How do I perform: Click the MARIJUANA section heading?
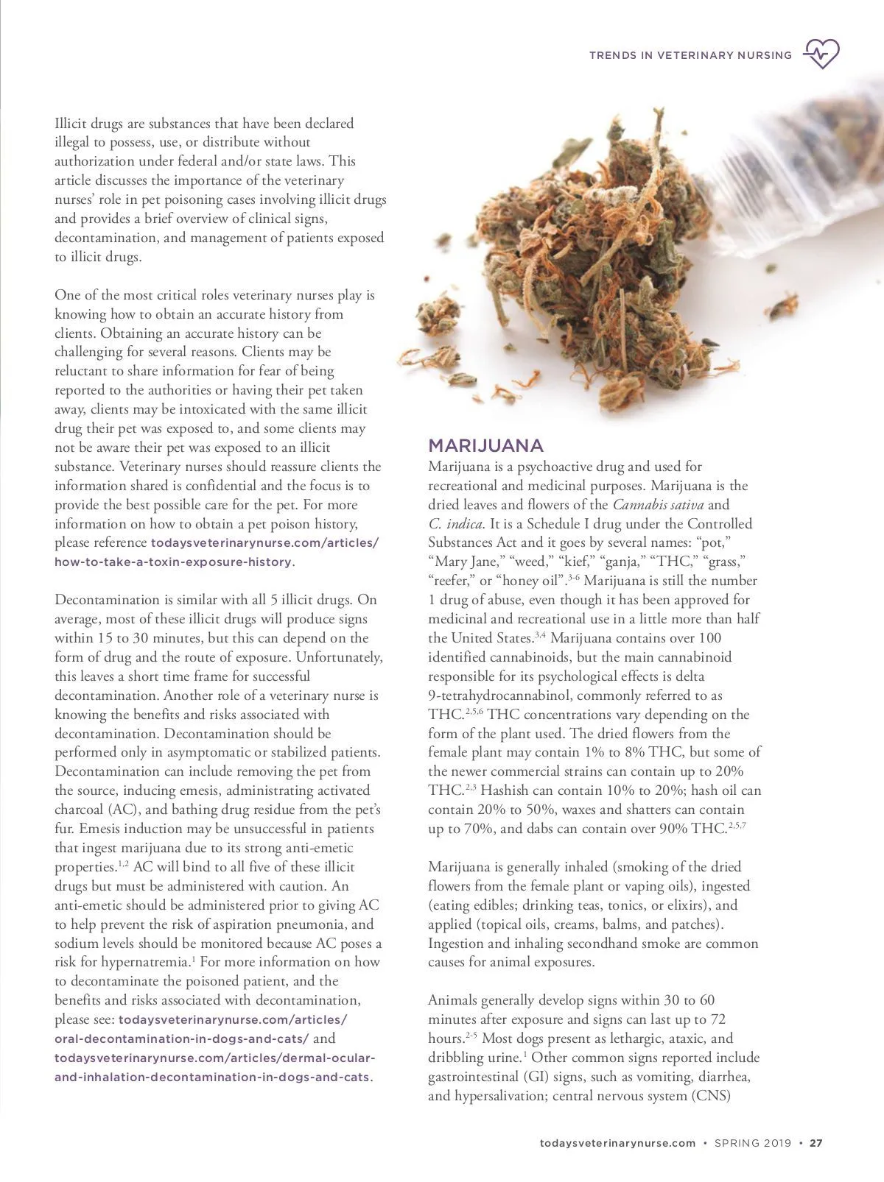point(485,446)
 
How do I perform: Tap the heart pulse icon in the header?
point(821,54)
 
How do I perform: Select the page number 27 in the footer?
point(815,1143)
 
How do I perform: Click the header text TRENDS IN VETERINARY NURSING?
point(690,55)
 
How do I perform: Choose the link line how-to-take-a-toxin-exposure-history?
point(173,562)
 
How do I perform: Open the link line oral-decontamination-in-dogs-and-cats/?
point(182,1039)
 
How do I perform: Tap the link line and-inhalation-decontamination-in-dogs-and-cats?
point(212,1077)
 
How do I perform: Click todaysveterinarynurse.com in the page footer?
point(617,1143)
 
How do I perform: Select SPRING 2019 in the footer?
point(753,1143)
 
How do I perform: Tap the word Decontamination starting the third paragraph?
point(102,600)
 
